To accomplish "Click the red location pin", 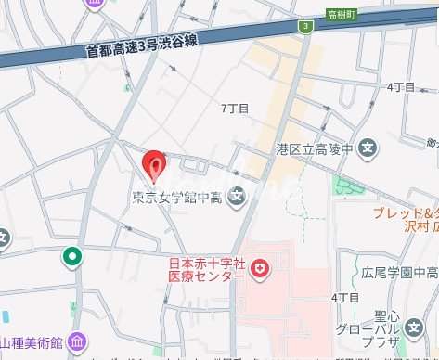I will (x=155, y=165).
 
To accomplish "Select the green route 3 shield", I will (x=304, y=26).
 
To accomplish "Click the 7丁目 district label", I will (x=236, y=109).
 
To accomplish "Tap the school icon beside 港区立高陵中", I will (x=368, y=148).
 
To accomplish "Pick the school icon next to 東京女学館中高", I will (x=237, y=195).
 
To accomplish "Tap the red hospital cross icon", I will (x=261, y=270).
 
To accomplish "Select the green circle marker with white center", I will (x=71, y=256).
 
